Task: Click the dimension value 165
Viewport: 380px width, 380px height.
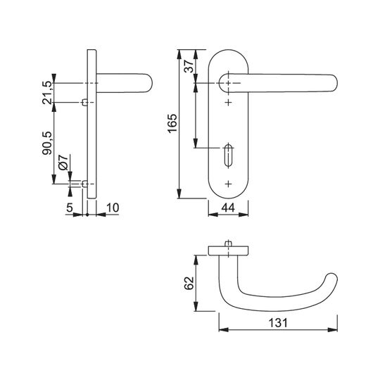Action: click(172, 123)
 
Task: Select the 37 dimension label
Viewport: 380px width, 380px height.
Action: click(189, 66)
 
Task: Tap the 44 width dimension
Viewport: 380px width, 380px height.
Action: click(228, 208)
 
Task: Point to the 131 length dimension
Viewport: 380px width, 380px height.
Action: click(278, 323)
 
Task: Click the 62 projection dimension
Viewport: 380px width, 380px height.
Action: click(189, 283)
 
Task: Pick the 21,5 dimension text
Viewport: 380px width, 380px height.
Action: click(47, 93)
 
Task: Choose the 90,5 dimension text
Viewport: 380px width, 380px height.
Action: click(47, 143)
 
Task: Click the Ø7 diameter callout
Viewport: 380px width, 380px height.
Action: click(63, 162)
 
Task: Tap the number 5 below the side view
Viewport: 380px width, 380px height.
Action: click(70, 208)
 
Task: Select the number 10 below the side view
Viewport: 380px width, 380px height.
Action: click(113, 208)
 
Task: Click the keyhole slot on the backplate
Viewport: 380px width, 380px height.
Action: click(228, 156)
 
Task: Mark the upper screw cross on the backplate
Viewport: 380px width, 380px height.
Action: click(228, 103)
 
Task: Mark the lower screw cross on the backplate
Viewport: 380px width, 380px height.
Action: click(228, 184)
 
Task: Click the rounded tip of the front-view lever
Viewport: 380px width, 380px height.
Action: click(334, 83)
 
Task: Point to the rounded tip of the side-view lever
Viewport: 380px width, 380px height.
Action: click(148, 83)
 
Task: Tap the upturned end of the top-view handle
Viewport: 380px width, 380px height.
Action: click(331, 279)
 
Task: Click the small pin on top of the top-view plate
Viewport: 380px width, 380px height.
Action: click(228, 243)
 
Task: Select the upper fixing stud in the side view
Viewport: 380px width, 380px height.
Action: click(85, 103)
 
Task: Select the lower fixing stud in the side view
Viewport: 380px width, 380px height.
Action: click(85, 184)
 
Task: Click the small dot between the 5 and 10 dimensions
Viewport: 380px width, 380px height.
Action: click(87, 215)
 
